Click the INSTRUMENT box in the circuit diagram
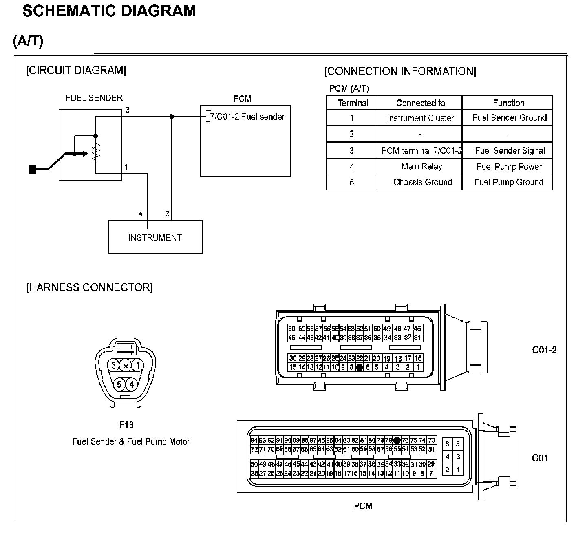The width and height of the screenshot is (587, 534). (x=155, y=237)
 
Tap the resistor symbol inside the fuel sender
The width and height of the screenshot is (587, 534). (x=95, y=152)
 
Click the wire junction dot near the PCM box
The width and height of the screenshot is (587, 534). (x=172, y=117)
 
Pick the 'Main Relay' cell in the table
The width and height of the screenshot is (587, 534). (x=421, y=166)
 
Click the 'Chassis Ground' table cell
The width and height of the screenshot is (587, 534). (x=422, y=182)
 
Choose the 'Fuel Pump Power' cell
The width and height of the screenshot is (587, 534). (x=509, y=167)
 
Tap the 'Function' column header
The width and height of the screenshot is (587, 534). (x=508, y=103)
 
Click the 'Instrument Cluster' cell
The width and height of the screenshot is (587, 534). (x=420, y=118)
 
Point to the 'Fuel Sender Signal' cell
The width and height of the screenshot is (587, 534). (x=510, y=151)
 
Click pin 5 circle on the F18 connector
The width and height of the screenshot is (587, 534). (x=119, y=384)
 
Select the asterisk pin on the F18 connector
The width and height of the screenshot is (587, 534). (x=126, y=366)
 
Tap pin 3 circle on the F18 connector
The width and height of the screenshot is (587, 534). (x=114, y=366)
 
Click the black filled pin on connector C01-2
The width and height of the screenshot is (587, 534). (x=359, y=367)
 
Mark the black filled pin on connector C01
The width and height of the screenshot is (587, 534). (x=397, y=440)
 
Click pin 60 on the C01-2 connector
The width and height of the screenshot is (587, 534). (x=291, y=329)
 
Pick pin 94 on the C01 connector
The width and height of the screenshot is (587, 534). (x=254, y=440)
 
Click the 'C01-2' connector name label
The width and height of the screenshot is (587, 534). (x=544, y=350)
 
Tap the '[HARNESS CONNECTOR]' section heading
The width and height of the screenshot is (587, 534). (x=89, y=287)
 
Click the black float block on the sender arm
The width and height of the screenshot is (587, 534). (x=33, y=170)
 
